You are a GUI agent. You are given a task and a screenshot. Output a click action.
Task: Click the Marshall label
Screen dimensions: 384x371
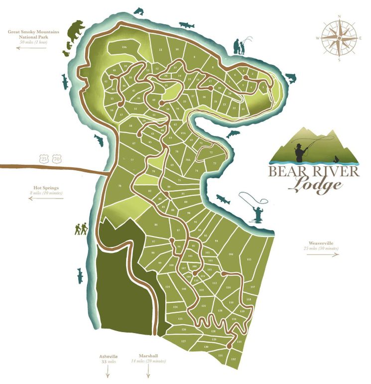pyautogui.click(x=148, y=356)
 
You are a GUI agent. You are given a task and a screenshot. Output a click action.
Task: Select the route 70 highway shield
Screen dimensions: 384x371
pyautogui.click(x=56, y=159)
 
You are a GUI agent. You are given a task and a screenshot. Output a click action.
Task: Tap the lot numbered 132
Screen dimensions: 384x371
pyautogui.click(x=233, y=359)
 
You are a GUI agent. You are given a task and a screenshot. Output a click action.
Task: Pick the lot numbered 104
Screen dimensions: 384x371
pyautogui.click(x=231, y=254)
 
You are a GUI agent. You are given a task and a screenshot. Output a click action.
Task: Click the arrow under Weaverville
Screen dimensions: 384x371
pyautogui.click(x=322, y=254)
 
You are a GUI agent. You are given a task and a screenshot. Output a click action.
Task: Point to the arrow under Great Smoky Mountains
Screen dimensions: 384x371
pyautogui.click(x=33, y=48)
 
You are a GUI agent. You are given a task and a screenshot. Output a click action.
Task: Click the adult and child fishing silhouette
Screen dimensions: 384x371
pyautogui.click(x=241, y=46)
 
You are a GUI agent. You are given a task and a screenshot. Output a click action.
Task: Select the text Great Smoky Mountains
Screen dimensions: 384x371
pyautogui.click(x=33, y=32)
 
